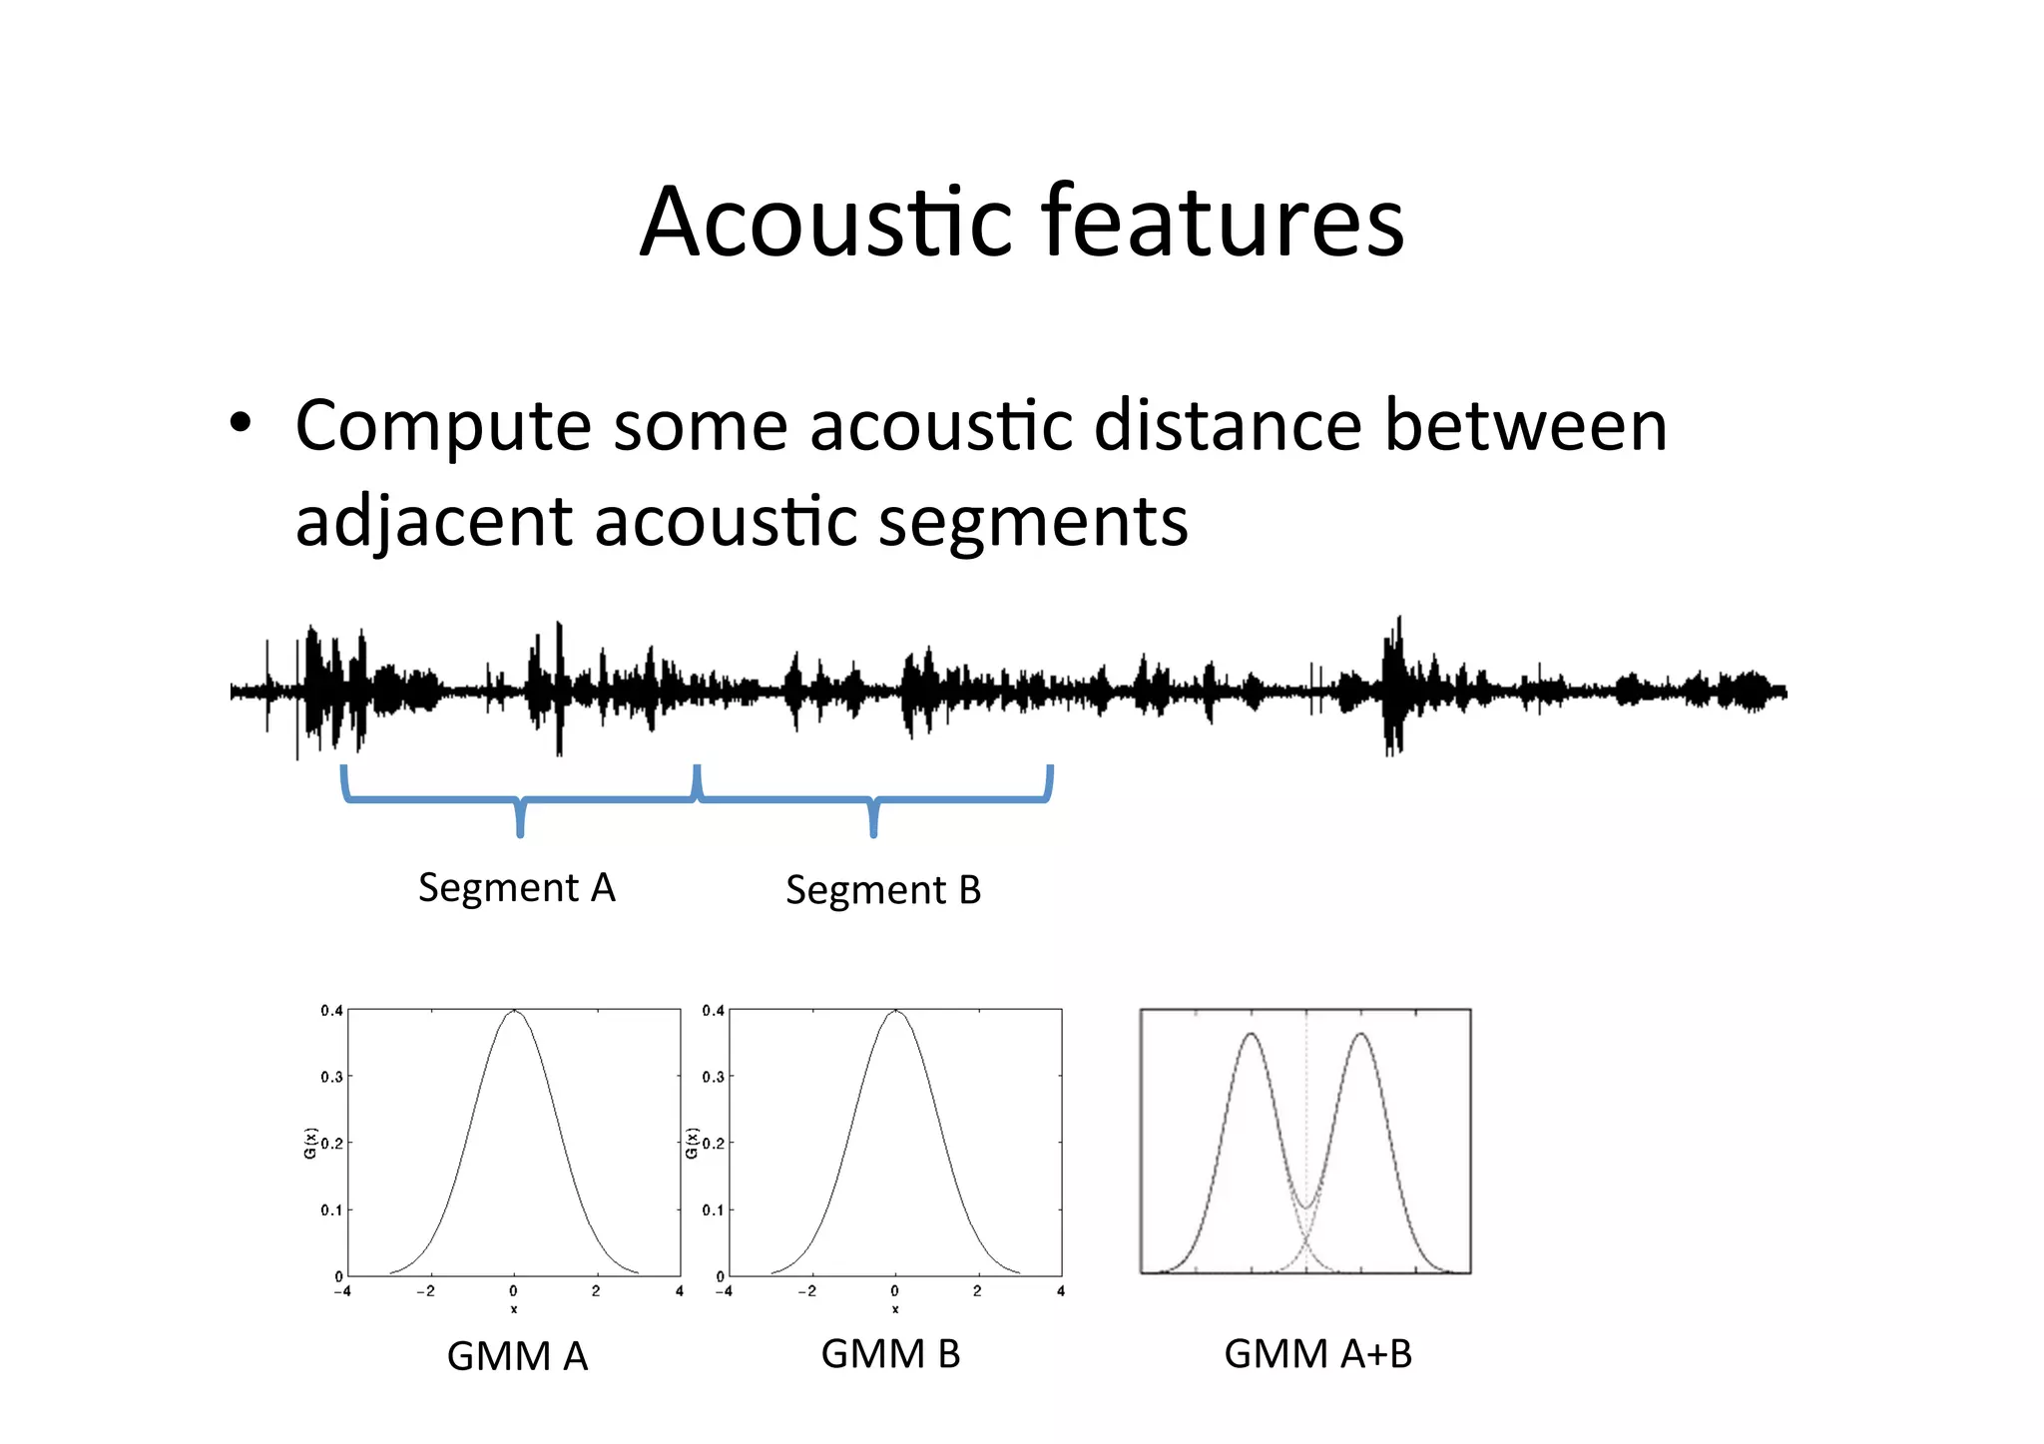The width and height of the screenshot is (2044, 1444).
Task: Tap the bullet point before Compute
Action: pyautogui.click(x=241, y=424)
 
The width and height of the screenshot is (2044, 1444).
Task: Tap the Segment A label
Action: pyautogui.click(x=516, y=887)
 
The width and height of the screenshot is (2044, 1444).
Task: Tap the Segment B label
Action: pyautogui.click(x=883, y=889)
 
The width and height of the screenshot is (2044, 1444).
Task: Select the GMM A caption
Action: pyautogui.click(x=517, y=1356)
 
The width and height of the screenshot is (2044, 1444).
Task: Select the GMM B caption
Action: pyautogui.click(x=890, y=1354)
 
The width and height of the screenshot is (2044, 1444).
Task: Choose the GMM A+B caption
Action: pyautogui.click(x=1317, y=1354)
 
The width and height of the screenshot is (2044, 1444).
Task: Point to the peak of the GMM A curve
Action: pyautogui.click(x=514, y=1012)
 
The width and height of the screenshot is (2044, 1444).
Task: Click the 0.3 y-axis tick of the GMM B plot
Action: pyautogui.click(x=713, y=1077)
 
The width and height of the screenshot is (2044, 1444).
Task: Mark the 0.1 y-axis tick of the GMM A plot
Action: pyautogui.click(x=330, y=1210)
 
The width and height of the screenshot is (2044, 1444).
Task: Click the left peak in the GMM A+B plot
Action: pyautogui.click(x=1252, y=1035)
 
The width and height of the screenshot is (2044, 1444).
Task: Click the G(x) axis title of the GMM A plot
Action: pyautogui.click(x=309, y=1143)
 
